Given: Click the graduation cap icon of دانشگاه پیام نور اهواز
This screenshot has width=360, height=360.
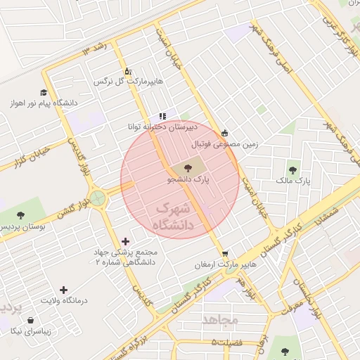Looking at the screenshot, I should (x=44, y=92).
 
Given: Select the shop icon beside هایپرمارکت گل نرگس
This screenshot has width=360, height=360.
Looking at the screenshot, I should (x=127, y=72).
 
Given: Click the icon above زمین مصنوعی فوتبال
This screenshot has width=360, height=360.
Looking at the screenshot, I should (x=224, y=133).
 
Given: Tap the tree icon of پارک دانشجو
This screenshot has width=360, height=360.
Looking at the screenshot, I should (x=187, y=168).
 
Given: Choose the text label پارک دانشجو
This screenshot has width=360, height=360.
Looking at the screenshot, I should (x=190, y=180).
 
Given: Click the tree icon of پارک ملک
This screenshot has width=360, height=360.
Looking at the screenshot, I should (x=292, y=170).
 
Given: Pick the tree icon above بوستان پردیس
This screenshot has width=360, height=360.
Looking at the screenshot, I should (x=20, y=215).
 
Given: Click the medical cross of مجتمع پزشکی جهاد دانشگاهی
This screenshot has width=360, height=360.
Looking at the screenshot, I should (x=127, y=241).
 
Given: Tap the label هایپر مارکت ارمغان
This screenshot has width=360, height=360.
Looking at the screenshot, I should (x=225, y=266).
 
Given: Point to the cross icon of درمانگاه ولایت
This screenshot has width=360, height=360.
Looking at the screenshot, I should (x=64, y=290).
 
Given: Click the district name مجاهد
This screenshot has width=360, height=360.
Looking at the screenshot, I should (x=221, y=320).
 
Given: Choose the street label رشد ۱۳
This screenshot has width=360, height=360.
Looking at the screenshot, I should (x=96, y=49).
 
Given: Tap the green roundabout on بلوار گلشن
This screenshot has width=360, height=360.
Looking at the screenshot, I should (x=98, y=198).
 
